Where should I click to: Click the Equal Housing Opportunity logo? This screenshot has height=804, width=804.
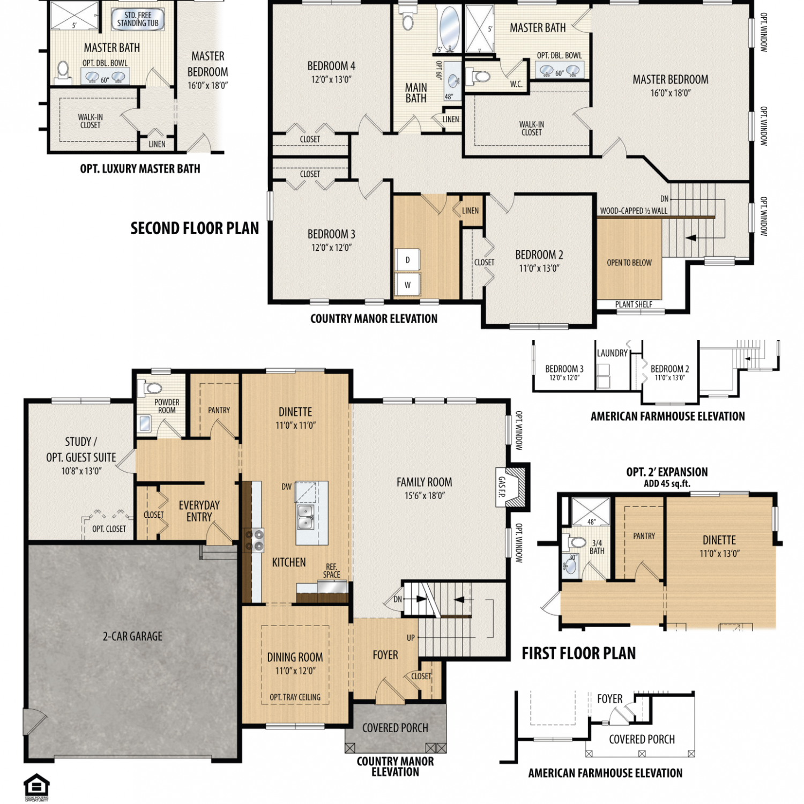pyautogui.click(x=36, y=787)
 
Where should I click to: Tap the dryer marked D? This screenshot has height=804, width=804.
pyautogui.click(x=408, y=260)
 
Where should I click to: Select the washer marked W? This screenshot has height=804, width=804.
pyautogui.click(x=408, y=285)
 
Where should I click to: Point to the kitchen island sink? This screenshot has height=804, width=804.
pyautogui.click(x=306, y=516)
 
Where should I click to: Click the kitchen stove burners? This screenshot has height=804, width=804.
pyautogui.click(x=254, y=540)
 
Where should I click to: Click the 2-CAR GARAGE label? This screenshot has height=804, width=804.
pyautogui.click(x=132, y=636)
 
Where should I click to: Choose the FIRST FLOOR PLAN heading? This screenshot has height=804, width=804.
pyautogui.click(x=579, y=653)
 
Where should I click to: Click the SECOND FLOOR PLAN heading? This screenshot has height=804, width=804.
pyautogui.click(x=195, y=228)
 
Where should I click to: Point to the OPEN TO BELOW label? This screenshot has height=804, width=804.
pyautogui.click(x=629, y=263)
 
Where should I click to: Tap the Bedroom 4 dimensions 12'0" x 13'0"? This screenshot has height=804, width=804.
pyautogui.click(x=331, y=79)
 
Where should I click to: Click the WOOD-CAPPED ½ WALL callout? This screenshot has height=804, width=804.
pyautogui.click(x=634, y=211)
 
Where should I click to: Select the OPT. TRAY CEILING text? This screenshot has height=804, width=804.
pyautogui.click(x=295, y=697)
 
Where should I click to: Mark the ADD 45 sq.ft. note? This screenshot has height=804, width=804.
pyautogui.click(x=667, y=483)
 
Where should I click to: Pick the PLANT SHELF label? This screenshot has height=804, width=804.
pyautogui.click(x=634, y=304)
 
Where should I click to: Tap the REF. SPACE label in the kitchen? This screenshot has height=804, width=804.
pyautogui.click(x=331, y=570)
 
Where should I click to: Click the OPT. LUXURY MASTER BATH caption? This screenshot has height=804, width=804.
pyautogui.click(x=140, y=169)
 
